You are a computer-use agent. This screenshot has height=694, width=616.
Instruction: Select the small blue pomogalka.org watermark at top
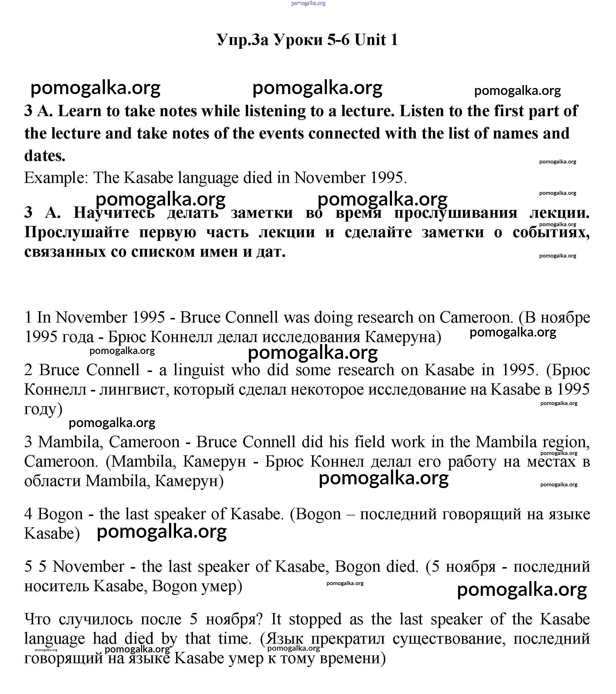pyautogui.click(x=308, y=3)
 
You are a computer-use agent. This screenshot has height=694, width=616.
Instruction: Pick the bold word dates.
pyautogui.click(x=44, y=156)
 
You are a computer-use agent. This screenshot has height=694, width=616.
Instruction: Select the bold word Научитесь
pyautogui.click(x=114, y=213)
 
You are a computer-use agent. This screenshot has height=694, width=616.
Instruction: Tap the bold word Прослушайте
pyautogui.click(x=77, y=232)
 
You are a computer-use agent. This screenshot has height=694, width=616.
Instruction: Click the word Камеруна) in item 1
pyautogui.click(x=403, y=337)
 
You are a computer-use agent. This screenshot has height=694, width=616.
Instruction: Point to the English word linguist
pyautogui.click(x=199, y=370)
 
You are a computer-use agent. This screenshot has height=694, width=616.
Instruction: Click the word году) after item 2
pyautogui.click(x=43, y=409)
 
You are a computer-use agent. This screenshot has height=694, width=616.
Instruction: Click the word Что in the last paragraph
pyautogui.click(x=37, y=619)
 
